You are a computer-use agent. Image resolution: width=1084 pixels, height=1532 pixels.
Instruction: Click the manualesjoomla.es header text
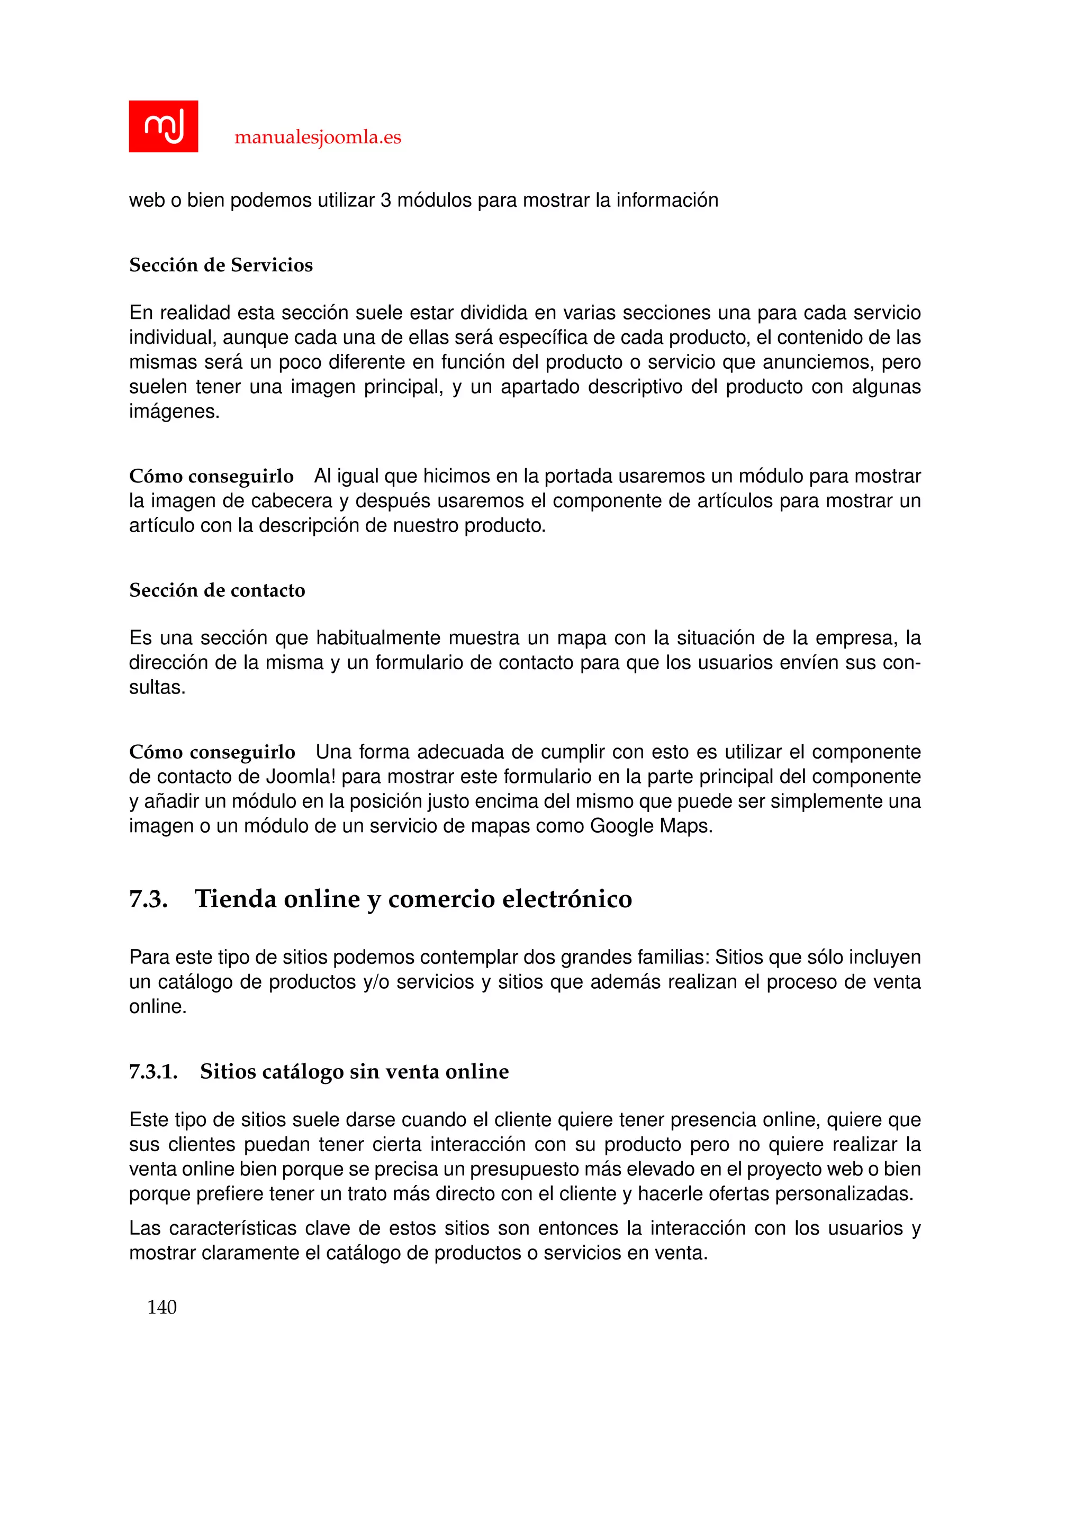pos(318,138)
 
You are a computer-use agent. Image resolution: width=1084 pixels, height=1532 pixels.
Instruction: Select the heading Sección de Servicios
pos(221,265)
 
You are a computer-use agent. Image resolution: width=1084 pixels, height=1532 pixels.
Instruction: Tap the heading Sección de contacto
pos(217,590)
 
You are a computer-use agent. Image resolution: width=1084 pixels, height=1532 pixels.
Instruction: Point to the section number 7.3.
pos(148,899)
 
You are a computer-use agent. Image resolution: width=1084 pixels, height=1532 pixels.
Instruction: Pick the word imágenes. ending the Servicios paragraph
pos(174,412)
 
